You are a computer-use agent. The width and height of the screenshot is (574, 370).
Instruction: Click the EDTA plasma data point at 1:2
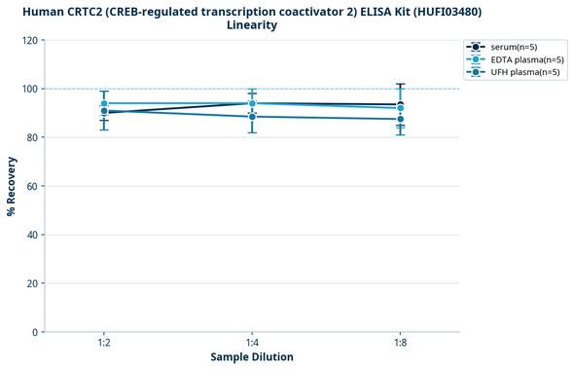pos(104,103)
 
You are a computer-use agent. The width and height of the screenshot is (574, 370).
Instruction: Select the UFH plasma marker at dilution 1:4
pos(252,117)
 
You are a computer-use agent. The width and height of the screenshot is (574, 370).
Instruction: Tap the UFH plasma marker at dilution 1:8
pos(400,119)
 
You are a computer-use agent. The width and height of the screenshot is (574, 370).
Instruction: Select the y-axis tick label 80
pos(32,137)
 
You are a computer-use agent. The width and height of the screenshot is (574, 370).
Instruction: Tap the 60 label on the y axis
pos(32,186)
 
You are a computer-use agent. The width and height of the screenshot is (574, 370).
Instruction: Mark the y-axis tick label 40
pos(32,235)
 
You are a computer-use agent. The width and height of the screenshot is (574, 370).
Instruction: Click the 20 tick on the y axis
pos(32,283)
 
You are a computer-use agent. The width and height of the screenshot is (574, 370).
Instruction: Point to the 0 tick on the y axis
pos(35,332)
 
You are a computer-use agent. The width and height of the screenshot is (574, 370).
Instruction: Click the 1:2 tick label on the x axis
pos(104,344)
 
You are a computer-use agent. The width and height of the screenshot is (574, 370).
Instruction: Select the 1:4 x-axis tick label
pos(252,344)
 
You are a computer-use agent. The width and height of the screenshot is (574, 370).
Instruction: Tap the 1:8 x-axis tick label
pos(400,344)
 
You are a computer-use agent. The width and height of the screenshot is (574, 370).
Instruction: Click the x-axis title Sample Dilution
pos(252,357)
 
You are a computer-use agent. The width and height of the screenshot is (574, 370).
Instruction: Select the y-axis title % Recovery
pos(12,186)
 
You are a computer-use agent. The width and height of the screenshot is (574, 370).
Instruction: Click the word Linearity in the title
pos(252,25)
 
